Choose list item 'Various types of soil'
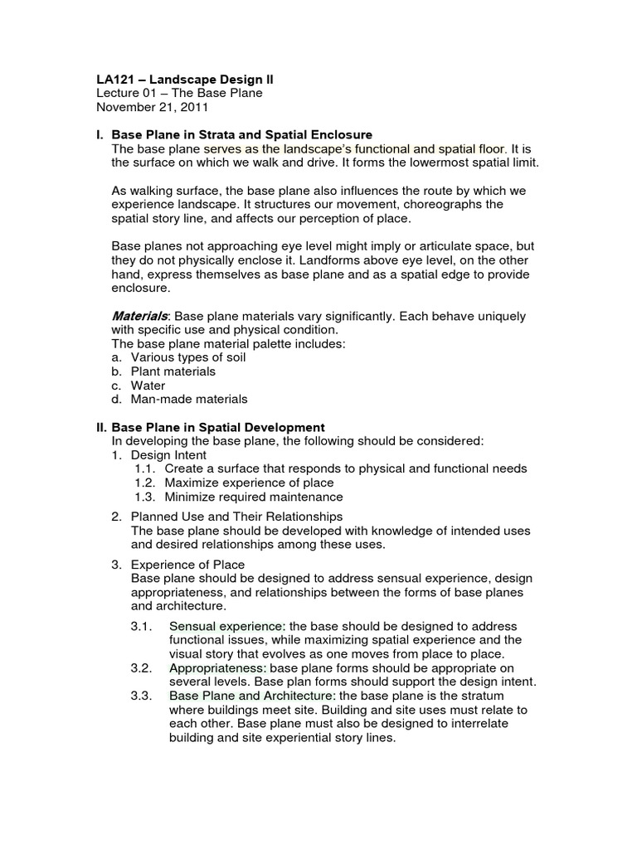pos(188,357)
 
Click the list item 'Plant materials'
pos(173,371)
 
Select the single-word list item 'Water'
pos(148,386)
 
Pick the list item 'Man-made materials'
pos(189,400)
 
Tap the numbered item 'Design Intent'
pos(169,455)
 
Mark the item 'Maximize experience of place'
pos(249,483)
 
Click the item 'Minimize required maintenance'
pos(253,497)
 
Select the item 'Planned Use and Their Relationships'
pos(225,517)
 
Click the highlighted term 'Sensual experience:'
pos(227,625)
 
